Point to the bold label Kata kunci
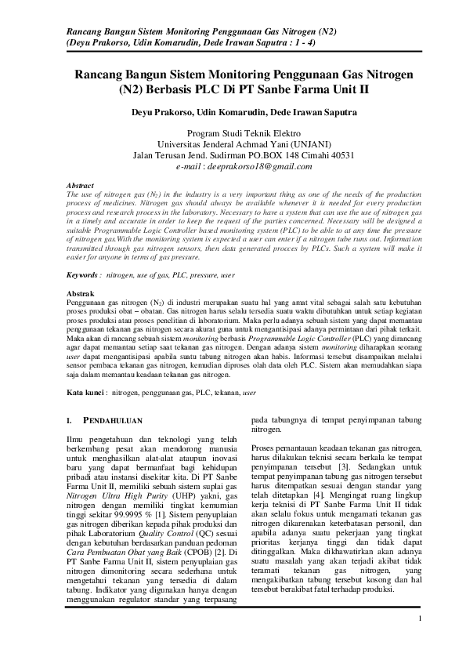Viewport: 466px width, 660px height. pos(86,390)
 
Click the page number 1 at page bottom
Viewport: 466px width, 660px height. pos(421,619)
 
